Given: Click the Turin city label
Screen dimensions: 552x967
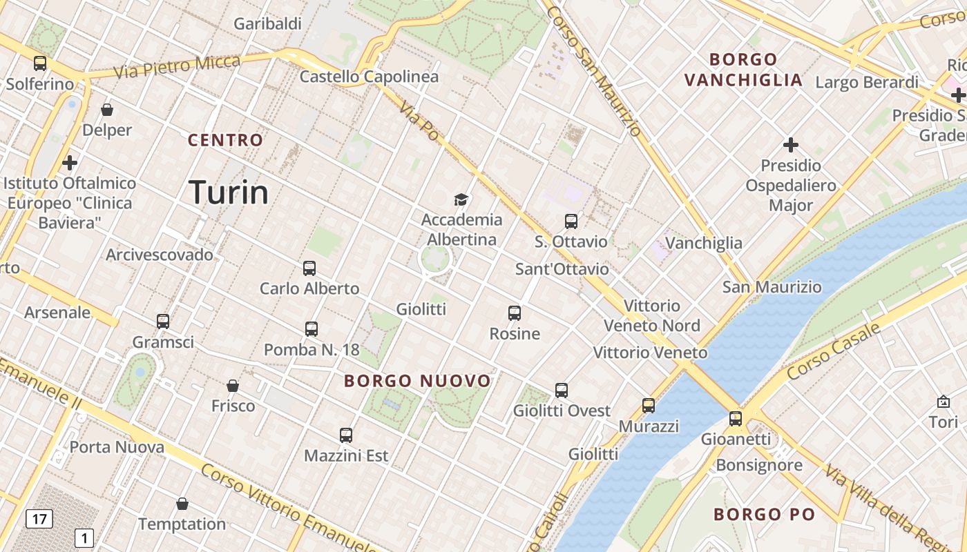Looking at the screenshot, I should (x=228, y=193).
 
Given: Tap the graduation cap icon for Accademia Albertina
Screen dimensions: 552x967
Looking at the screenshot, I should (x=461, y=200).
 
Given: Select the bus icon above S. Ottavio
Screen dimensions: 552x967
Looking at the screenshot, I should (x=571, y=221).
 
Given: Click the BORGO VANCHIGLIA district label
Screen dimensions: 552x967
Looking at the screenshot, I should (x=743, y=70).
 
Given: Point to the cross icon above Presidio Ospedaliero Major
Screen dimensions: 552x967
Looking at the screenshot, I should (x=791, y=145).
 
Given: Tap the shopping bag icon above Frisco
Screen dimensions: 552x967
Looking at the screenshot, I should (x=233, y=386).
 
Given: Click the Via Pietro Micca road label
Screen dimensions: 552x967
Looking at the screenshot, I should (x=178, y=67).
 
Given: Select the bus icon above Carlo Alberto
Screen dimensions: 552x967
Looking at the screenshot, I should (x=309, y=268).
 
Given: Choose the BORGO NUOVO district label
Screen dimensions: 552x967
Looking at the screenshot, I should (x=417, y=381).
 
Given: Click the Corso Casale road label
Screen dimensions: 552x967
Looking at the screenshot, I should (x=833, y=352).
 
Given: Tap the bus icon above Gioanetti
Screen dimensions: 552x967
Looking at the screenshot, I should (x=735, y=419).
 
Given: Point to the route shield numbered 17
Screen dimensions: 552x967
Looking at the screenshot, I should (x=39, y=519).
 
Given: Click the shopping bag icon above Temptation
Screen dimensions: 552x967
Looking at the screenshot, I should (x=182, y=504).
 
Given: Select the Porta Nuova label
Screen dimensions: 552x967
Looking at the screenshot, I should (x=117, y=447).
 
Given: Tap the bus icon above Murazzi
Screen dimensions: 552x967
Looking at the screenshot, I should (x=648, y=406).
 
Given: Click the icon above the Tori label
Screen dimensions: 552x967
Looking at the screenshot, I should (x=944, y=402).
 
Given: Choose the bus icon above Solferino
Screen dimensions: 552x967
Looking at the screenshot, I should (x=40, y=63).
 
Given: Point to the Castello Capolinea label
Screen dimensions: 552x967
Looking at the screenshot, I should (x=369, y=77).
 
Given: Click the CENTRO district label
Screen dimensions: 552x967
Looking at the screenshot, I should (x=226, y=141).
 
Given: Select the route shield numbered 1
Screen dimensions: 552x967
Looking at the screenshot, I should (x=84, y=538).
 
